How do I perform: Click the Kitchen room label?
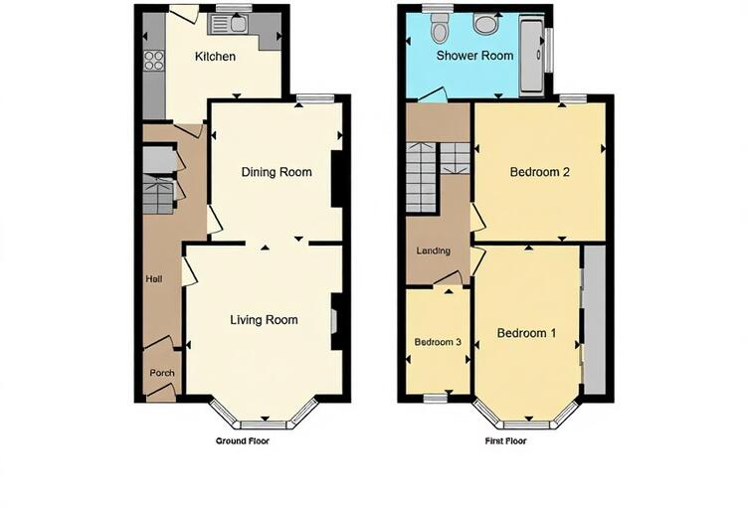[x=215, y=57]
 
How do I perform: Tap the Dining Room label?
[x=277, y=172]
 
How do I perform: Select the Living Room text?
[x=264, y=320]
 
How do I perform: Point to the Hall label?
[x=154, y=279]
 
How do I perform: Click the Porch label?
[x=161, y=373]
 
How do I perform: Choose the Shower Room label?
[x=474, y=56]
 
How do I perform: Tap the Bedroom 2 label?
[x=539, y=172]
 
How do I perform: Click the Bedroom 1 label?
[x=526, y=333]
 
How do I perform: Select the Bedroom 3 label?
[x=438, y=342]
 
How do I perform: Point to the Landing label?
[x=434, y=252]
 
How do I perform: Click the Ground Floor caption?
[x=243, y=439]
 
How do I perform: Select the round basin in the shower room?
[x=486, y=24]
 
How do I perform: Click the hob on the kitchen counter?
[x=154, y=61]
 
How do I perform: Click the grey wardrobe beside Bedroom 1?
[x=594, y=318]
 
